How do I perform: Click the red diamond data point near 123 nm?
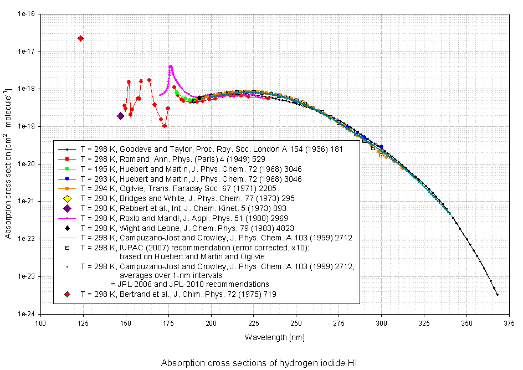(x=81, y=38)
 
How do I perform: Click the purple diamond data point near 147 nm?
(x=120, y=116)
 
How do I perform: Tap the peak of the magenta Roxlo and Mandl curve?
(x=171, y=66)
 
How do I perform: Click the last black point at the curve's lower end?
(x=497, y=295)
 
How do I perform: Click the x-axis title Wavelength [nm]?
(x=274, y=337)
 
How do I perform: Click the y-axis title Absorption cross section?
(x=8, y=163)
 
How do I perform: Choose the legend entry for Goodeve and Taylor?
(x=212, y=149)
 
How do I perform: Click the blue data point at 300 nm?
(x=381, y=147)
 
